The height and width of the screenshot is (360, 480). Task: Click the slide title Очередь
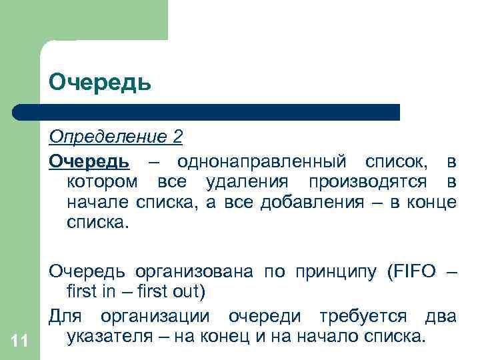coord(100,82)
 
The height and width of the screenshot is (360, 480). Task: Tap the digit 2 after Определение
coord(177,137)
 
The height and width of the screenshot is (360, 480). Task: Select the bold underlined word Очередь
coord(89,161)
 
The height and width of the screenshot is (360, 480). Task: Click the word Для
coord(65,315)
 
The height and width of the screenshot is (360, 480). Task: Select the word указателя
coord(111,335)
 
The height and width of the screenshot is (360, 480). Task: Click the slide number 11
coord(19,341)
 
